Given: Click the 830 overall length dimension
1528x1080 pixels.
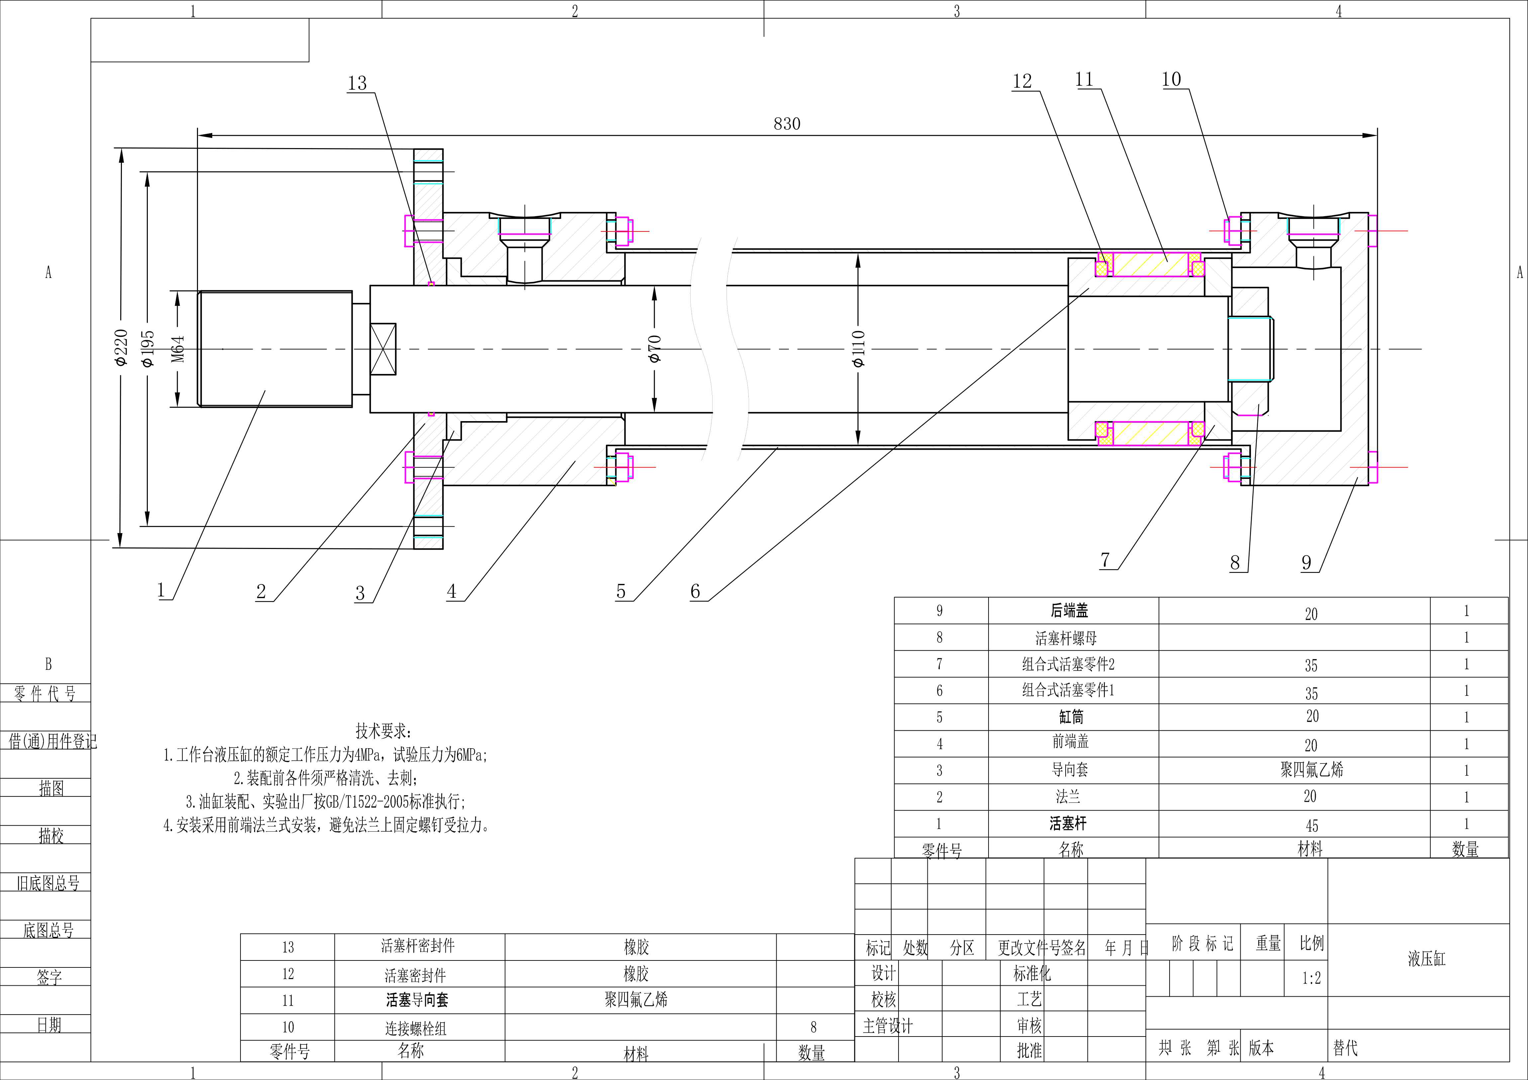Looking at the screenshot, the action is coord(787,124).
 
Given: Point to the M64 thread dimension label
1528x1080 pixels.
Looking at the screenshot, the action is coord(178,349).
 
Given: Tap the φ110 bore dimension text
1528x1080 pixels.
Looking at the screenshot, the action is coord(858,349).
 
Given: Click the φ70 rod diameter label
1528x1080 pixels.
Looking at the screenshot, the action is coord(655,349).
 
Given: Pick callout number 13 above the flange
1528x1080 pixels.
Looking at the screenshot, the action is coord(357,83).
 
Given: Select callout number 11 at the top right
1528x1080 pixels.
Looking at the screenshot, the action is coord(1085,80).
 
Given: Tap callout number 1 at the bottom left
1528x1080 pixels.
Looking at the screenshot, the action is coord(160,590).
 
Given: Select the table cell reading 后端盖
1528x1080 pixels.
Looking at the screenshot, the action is coord(1069,610).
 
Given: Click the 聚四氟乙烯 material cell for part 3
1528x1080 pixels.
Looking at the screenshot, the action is coord(1312,770).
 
